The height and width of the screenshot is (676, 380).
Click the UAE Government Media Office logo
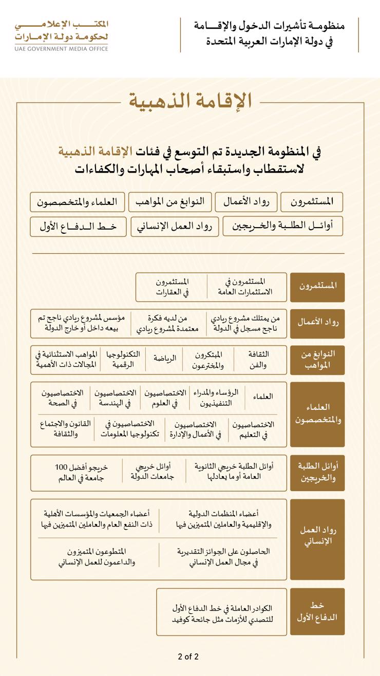(x=62, y=35)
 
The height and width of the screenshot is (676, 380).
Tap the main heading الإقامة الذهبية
(x=190, y=101)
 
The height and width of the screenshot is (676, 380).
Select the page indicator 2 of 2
(x=188, y=656)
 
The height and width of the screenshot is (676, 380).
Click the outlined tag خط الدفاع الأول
(x=78, y=227)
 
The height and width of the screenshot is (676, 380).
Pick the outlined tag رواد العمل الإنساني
(x=175, y=227)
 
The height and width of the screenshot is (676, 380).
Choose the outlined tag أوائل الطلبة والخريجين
(x=282, y=226)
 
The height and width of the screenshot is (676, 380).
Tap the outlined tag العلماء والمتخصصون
(x=77, y=202)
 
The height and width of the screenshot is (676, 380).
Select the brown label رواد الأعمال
(x=317, y=323)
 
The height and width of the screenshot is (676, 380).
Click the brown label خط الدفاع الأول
(x=317, y=612)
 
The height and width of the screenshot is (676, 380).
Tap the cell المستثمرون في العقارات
(x=173, y=287)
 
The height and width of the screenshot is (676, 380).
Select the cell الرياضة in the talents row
(x=164, y=359)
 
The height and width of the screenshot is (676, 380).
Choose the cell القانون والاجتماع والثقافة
(x=65, y=429)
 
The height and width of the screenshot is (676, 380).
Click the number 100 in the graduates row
(x=61, y=467)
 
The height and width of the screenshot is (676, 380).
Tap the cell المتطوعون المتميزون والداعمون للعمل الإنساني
(x=97, y=557)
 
